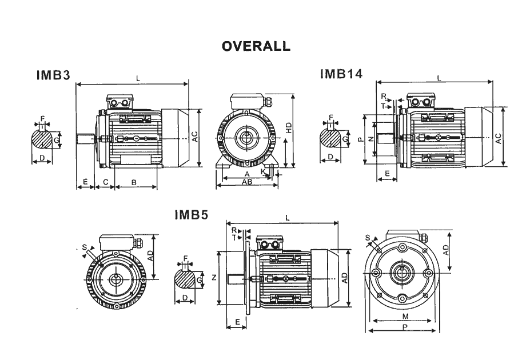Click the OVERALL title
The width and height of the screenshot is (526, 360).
click(x=256, y=46)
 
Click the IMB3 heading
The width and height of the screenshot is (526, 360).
click(x=53, y=75)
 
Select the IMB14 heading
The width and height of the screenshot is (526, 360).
click(x=341, y=73)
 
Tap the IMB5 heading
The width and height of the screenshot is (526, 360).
click(x=192, y=215)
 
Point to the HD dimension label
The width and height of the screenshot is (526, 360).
click(x=289, y=129)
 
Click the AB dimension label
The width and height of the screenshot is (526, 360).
click(x=247, y=182)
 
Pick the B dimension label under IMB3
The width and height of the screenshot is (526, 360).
click(x=134, y=182)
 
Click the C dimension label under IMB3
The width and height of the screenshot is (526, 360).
click(x=105, y=182)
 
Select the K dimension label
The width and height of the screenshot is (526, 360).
click(x=264, y=171)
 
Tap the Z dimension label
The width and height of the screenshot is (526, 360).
click(x=214, y=278)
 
